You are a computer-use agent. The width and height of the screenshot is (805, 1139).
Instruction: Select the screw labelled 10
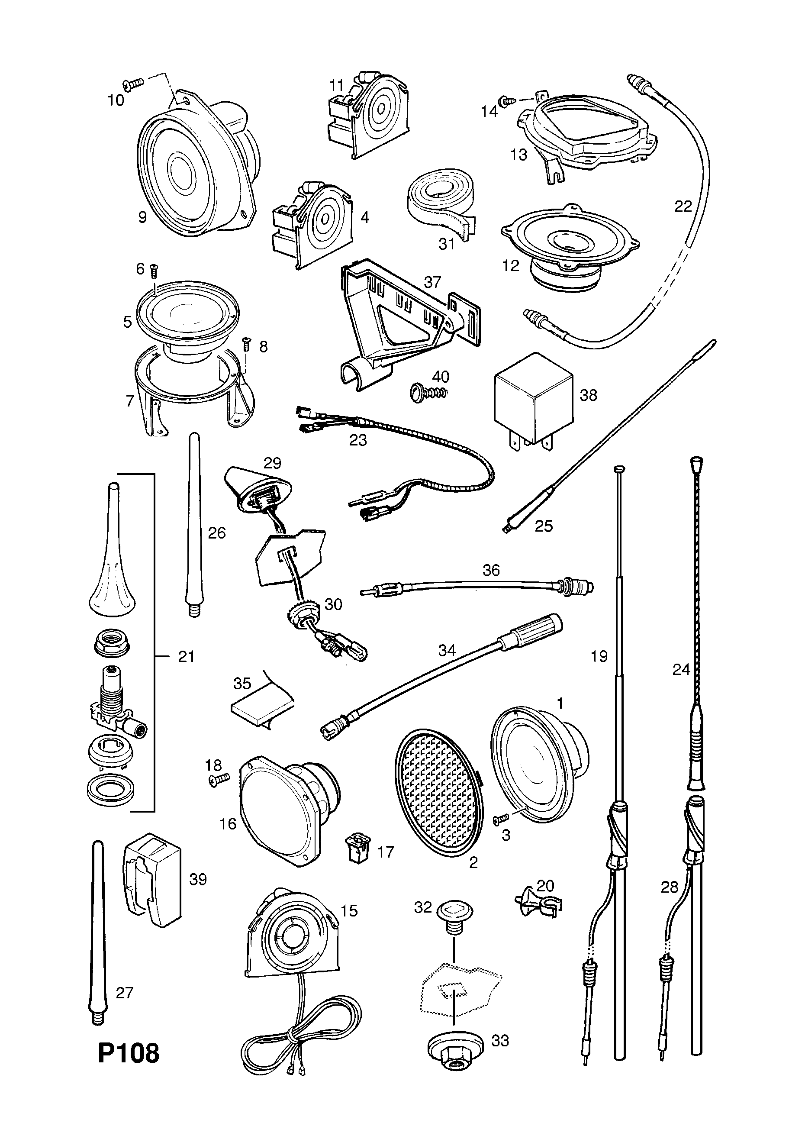tap(133, 84)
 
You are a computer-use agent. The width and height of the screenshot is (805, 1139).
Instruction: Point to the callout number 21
tap(186, 657)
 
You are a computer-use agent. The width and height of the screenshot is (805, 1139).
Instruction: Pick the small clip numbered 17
tap(356, 852)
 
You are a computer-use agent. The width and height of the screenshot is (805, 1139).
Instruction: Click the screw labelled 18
tap(218, 781)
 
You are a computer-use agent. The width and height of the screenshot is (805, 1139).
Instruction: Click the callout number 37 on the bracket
tap(432, 282)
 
